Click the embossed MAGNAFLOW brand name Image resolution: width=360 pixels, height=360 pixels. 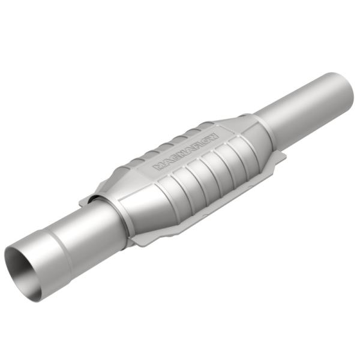(x=186, y=149)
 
